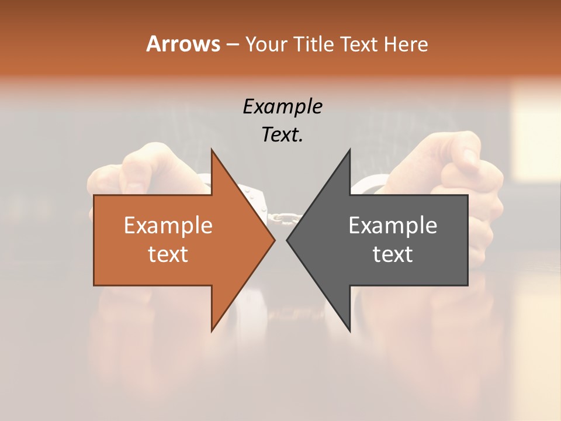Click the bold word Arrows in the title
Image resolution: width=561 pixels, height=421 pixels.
[x=183, y=44]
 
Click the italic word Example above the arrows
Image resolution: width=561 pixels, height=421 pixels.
[x=282, y=107]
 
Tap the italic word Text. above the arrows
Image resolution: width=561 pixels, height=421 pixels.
[x=282, y=135]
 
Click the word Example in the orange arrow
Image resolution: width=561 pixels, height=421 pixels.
[x=168, y=225]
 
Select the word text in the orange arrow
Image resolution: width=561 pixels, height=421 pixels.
[x=168, y=254]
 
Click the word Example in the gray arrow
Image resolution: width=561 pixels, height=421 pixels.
[x=393, y=225]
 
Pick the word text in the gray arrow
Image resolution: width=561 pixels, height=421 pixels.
[x=393, y=254]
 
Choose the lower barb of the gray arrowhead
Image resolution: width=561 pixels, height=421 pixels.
[x=348, y=325]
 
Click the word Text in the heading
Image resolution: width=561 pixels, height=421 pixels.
[x=358, y=44]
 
